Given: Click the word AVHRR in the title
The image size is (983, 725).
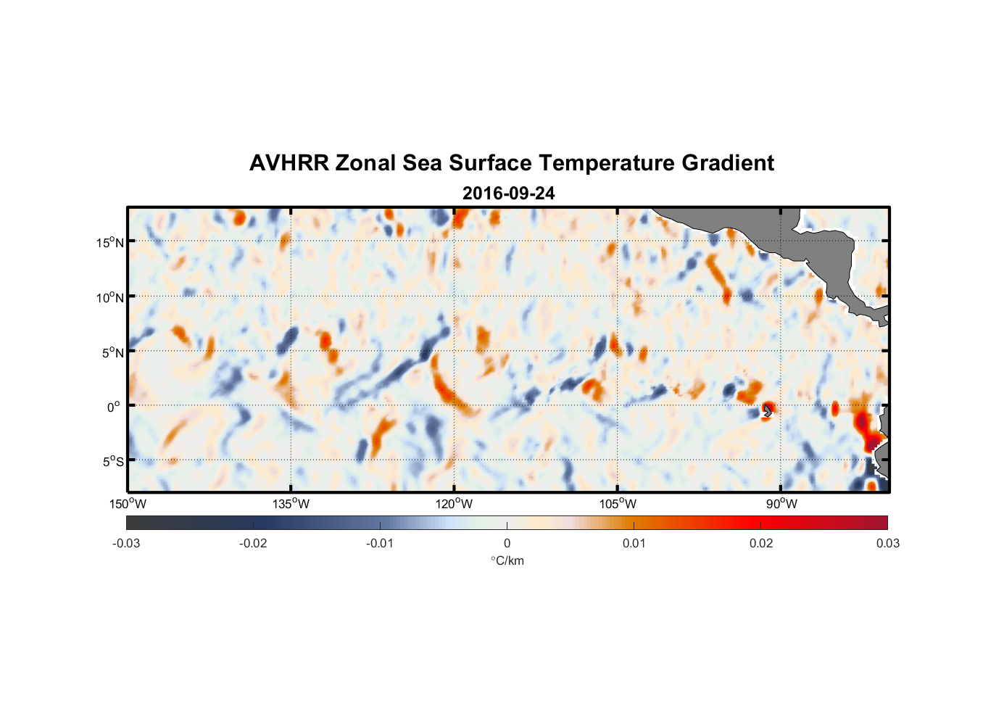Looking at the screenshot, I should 289,163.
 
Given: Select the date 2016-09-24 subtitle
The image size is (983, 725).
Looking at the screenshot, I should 508,194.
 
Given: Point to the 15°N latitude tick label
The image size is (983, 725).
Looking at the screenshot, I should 109,242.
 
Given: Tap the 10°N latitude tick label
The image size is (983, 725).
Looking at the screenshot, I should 109,297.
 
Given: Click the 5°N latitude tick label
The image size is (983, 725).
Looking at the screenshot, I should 112,352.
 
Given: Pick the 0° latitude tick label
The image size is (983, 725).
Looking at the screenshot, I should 114,407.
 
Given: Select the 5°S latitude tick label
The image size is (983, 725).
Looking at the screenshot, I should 112,462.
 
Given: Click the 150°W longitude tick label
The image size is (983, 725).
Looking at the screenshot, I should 128,504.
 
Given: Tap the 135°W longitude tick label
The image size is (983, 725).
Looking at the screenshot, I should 291,504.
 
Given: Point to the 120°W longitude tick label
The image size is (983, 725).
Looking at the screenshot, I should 454,504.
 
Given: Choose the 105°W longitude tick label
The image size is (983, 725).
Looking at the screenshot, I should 618,504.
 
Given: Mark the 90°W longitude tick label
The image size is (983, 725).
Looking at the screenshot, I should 781,504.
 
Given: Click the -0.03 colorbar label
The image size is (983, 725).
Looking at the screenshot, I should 126,543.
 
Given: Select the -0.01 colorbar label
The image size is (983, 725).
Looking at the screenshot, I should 380,543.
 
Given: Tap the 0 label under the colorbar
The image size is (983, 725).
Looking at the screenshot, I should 507,543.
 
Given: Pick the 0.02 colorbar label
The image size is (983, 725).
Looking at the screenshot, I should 761,543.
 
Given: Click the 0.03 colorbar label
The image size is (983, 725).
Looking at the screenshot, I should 887,543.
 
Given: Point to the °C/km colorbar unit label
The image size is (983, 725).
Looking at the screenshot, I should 507,560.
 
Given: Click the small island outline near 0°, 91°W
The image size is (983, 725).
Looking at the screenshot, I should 768,411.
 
